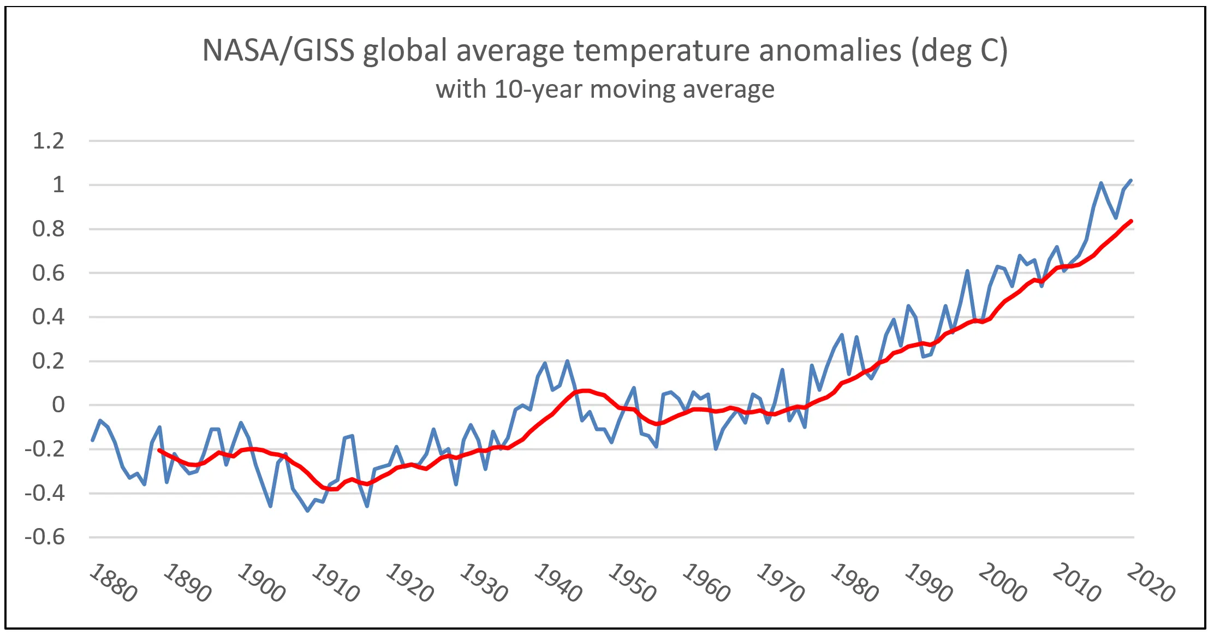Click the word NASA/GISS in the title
[x=278, y=51]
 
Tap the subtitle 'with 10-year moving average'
[x=605, y=89]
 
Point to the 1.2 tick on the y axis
[x=49, y=141]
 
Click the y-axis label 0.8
[x=49, y=229]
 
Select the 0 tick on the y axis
[x=58, y=405]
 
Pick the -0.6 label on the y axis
[x=44, y=537]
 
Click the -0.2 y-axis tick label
[x=44, y=449]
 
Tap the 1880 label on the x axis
[x=113, y=583]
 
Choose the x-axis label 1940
[x=557, y=583]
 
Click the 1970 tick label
[x=780, y=583]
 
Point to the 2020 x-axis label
[x=1150, y=583]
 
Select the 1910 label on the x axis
[x=335, y=583]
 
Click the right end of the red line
[x=1131, y=221]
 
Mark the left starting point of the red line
[x=159, y=450]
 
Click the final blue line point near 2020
[x=1131, y=180]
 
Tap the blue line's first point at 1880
[x=92, y=440]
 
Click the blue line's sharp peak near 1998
[x=967, y=271]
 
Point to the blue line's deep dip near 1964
[x=716, y=449]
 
